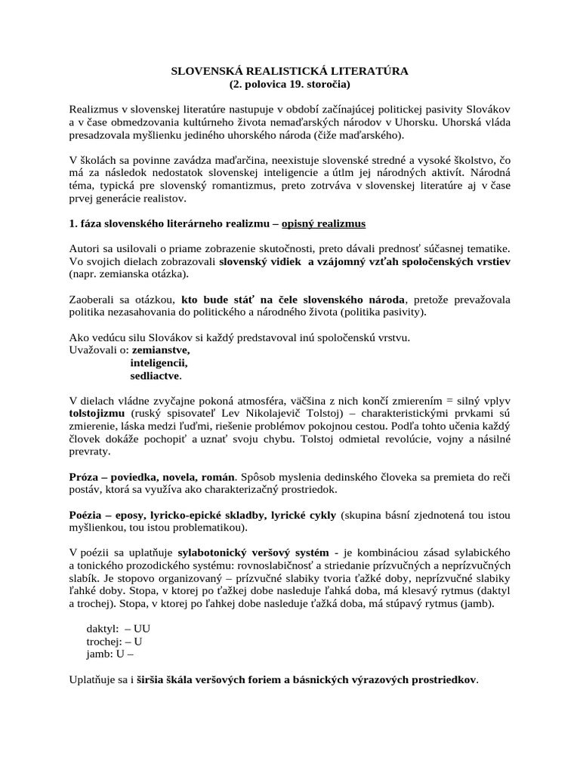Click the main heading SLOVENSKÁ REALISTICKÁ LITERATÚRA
click(x=289, y=71)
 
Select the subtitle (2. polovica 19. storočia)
click(x=289, y=84)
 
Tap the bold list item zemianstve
click(x=161, y=350)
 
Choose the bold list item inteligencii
click(x=159, y=363)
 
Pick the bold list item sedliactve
click(x=156, y=375)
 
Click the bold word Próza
click(x=85, y=478)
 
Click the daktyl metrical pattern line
click(x=120, y=629)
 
